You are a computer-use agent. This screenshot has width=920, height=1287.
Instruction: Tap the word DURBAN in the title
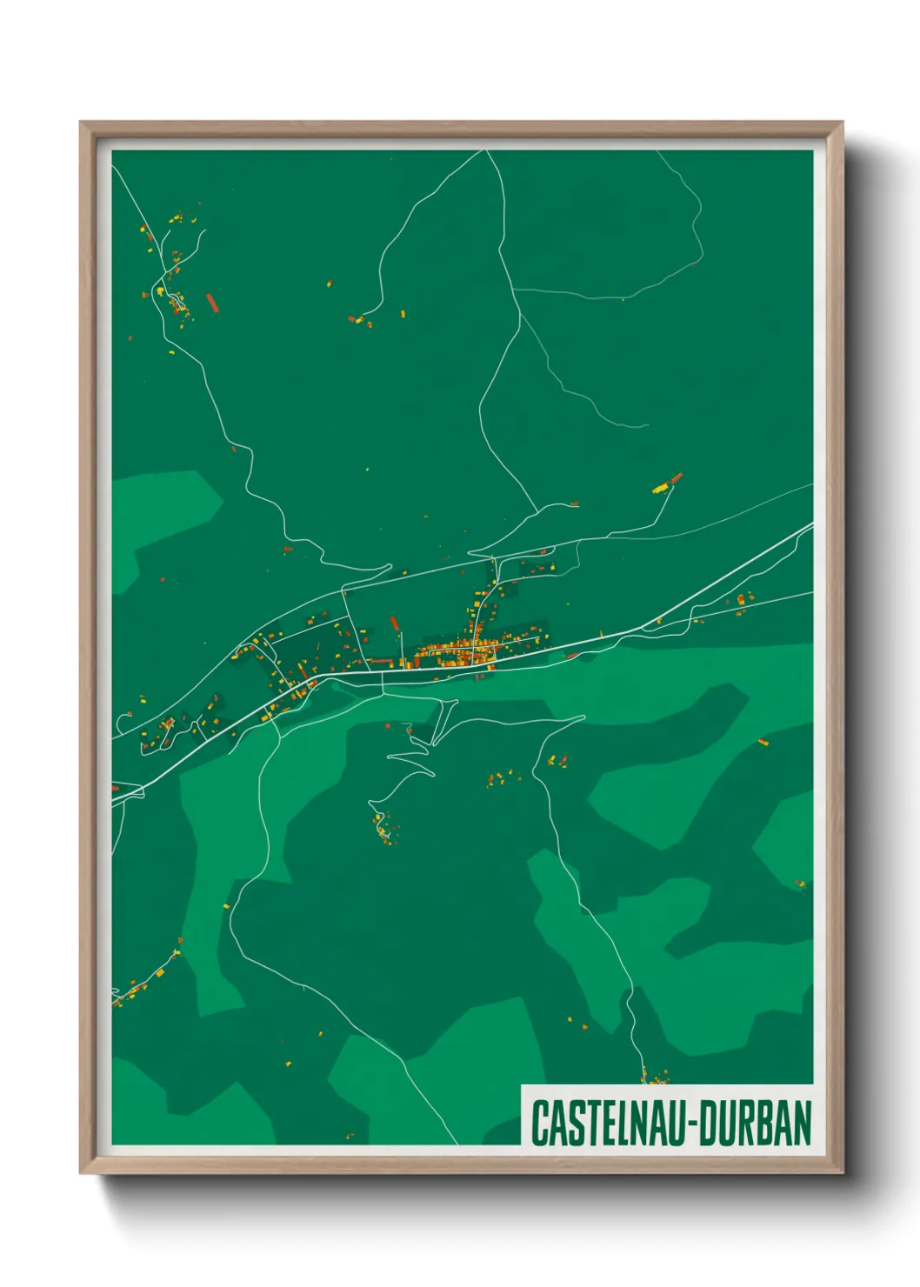pos(755,1124)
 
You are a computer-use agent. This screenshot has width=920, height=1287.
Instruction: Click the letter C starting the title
pos(538,1124)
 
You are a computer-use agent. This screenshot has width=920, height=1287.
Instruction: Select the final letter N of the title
pos(803,1124)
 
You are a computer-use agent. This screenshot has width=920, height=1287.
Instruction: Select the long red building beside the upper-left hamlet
pos(210,302)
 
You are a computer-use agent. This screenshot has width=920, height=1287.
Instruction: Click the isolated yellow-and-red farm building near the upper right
pos(667,483)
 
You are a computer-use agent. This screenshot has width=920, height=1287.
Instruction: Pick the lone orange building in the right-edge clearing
pos(763,742)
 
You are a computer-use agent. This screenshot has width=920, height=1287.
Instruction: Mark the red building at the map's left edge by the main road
pos(115,788)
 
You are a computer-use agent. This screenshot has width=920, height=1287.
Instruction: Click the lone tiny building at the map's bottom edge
pos(350,1136)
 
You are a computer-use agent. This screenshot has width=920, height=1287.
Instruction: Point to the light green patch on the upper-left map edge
pos(161,522)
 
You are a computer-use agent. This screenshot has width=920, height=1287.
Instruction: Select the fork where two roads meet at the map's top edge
pos(485,152)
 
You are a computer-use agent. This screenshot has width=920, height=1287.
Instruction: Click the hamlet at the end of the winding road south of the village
pos(383,826)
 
